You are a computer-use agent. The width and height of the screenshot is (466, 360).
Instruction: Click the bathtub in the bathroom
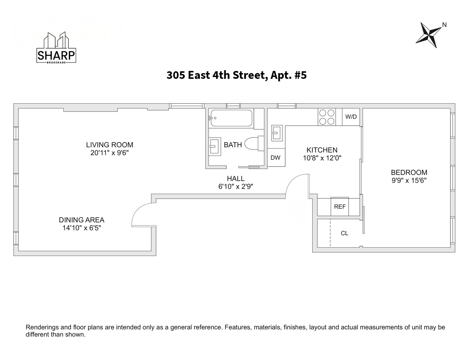tap(231, 118)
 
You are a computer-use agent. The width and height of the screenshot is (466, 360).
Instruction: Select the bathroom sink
tap(215, 147)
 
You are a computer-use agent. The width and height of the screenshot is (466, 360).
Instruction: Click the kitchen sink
tap(277, 133)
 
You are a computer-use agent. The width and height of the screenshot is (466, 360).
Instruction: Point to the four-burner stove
tap(327, 117)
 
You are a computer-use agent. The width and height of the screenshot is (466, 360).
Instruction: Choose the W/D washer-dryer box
tap(351, 117)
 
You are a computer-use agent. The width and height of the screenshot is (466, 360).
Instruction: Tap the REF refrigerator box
tap(340, 206)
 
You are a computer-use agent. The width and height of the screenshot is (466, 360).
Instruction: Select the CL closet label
tap(344, 233)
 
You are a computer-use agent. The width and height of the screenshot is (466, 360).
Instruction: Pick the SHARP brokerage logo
tap(56, 48)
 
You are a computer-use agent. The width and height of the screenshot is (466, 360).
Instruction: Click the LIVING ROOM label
tap(109, 145)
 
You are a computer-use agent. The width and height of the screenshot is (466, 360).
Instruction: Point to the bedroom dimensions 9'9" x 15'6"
tap(409, 180)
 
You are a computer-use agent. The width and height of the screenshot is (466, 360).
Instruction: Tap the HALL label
tap(236, 179)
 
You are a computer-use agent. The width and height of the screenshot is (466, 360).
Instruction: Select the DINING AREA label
tap(82, 220)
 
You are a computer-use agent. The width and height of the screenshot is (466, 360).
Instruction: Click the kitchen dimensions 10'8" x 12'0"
tap(322, 158)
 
